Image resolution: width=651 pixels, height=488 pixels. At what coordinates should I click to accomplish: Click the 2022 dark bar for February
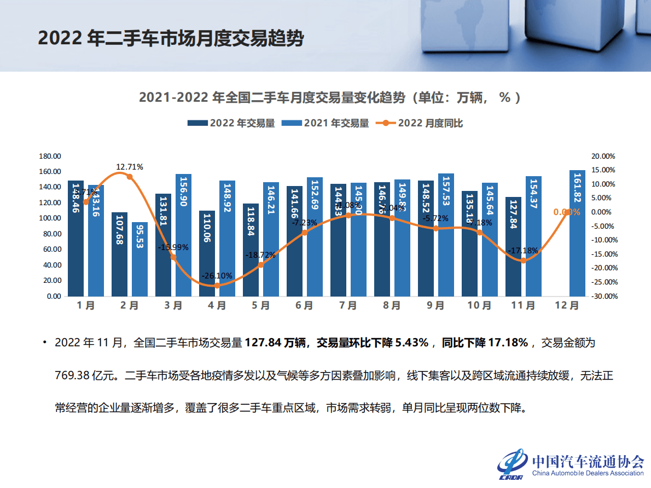pyautogui.click(x=119, y=254)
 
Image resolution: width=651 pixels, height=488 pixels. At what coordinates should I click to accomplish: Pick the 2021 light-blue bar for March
pyautogui.click(x=183, y=235)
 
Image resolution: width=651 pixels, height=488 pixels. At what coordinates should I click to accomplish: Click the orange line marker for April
pyautogui.click(x=217, y=285)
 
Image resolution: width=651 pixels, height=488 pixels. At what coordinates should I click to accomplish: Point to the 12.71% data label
pyautogui.click(x=130, y=167)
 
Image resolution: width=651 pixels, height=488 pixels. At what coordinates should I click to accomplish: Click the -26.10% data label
pyautogui.click(x=218, y=276)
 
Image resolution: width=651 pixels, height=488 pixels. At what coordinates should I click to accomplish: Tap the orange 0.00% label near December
pyautogui.click(x=567, y=212)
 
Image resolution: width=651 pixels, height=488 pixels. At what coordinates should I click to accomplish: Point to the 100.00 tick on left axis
pyautogui.click(x=50, y=218)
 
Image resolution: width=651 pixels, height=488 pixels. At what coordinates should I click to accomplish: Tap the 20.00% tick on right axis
pyautogui.click(x=604, y=156)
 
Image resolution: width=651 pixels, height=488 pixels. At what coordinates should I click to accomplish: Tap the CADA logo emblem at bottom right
pyautogui.click(x=512, y=465)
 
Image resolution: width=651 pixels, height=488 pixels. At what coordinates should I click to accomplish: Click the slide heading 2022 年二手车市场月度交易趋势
pyautogui.click(x=171, y=39)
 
